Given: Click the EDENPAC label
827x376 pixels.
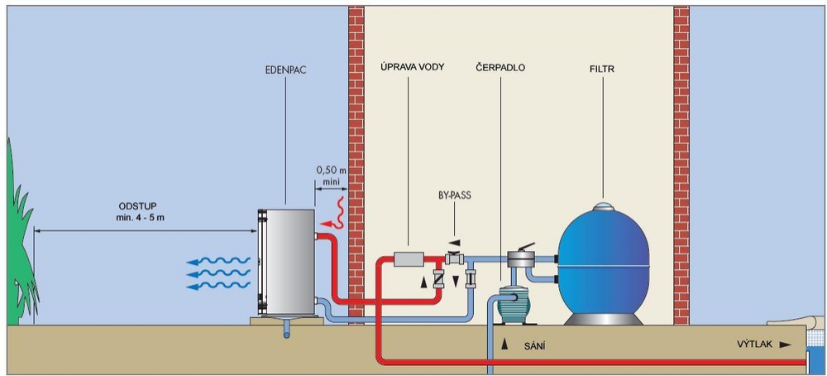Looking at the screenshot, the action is [x=285, y=69].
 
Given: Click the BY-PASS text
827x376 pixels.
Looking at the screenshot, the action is [x=454, y=195].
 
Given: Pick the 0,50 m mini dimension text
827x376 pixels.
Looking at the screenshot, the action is [x=331, y=175].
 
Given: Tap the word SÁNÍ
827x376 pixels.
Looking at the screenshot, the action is [x=534, y=346].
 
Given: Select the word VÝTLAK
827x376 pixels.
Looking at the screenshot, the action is [x=755, y=345].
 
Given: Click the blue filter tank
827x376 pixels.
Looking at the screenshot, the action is [x=604, y=263].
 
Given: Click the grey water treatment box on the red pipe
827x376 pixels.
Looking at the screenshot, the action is [x=410, y=259].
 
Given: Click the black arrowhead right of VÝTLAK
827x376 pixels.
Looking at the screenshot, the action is [x=786, y=345].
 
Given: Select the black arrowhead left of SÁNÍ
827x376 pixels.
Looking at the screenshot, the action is [x=504, y=345].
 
